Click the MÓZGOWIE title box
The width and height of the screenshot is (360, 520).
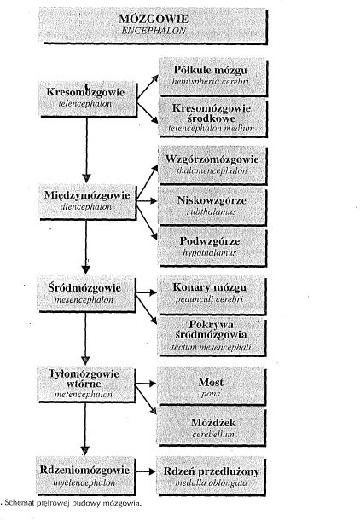pos(153,26)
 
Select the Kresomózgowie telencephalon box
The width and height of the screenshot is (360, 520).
pos(88,99)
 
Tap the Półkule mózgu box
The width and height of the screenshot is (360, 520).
pos(212,77)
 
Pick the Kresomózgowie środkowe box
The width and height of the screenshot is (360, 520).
pos(212,118)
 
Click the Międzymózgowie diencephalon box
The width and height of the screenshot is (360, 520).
pos(87,201)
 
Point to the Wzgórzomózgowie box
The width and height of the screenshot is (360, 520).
pos(212,165)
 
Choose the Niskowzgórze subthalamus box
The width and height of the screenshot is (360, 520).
pos(212,206)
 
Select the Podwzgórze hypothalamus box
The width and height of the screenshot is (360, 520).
pos(212,246)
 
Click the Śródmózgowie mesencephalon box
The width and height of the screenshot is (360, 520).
pos(86,294)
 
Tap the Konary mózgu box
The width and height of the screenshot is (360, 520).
pos(212,295)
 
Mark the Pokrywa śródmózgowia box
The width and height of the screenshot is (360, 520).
pos(212,336)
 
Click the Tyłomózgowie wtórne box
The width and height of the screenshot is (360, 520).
pos(86,384)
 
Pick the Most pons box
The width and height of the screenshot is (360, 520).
pos(212,386)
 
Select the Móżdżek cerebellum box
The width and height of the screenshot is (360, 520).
pos(212,427)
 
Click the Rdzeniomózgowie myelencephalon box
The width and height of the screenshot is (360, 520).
pos(85,476)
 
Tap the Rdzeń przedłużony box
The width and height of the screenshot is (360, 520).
pos(212,477)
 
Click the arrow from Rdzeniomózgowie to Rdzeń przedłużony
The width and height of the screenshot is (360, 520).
pos(146,471)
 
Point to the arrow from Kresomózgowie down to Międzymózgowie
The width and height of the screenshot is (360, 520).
pos(87,150)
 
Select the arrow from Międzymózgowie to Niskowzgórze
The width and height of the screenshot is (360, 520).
pos(147,200)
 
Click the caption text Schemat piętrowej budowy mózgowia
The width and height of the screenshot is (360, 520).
pos(73,503)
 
